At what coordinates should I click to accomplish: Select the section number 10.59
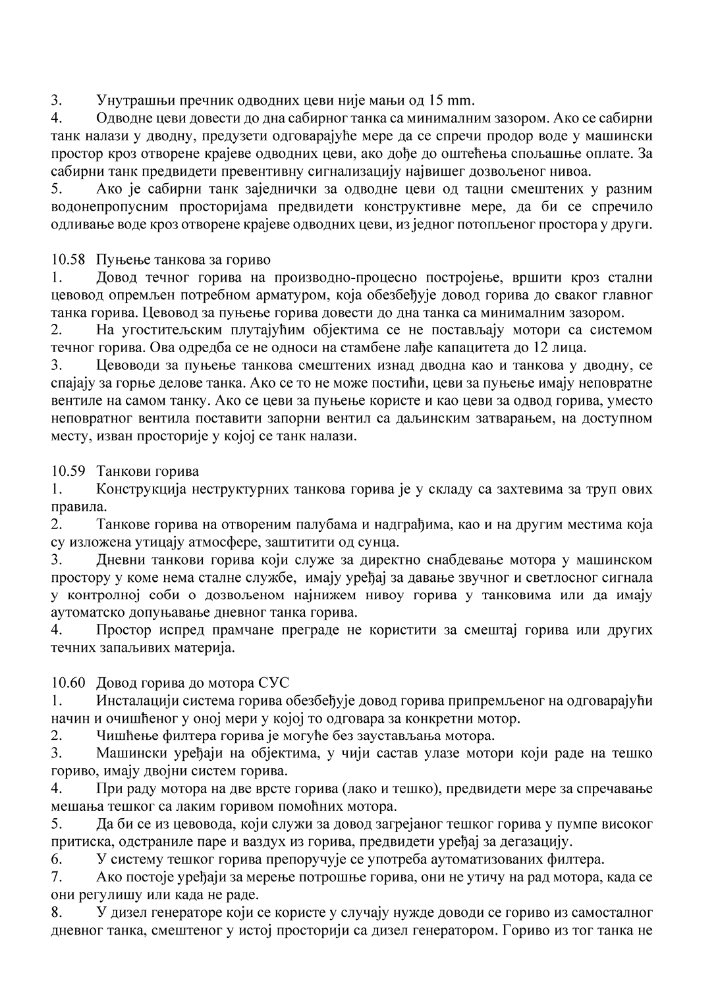pyautogui.click(x=67, y=471)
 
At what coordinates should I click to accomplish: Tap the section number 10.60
pyautogui.click(x=67, y=683)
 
